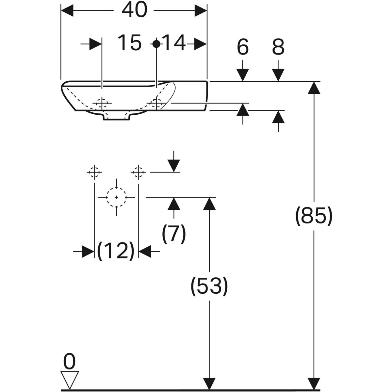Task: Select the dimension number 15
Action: point(130,43)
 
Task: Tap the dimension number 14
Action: point(174,43)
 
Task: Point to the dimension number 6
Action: point(243,47)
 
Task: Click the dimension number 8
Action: point(278,47)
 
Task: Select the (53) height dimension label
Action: point(209,286)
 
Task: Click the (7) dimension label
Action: point(174,233)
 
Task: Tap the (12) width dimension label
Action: point(116,251)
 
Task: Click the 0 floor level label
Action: point(69,362)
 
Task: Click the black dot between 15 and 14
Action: point(157,43)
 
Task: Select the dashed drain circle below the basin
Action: point(116,197)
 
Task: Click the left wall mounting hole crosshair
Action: point(94,172)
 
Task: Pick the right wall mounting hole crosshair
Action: point(139,172)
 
